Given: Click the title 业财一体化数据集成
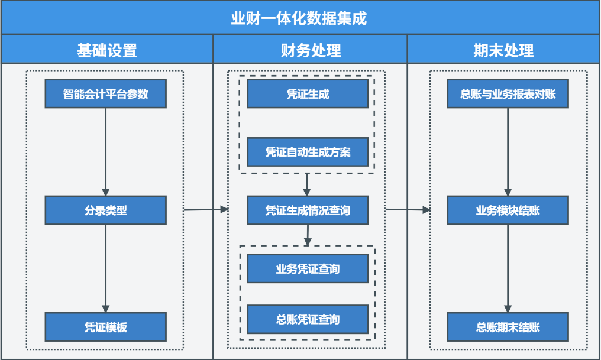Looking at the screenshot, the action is click(299, 18).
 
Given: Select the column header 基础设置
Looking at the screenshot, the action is click(107, 50).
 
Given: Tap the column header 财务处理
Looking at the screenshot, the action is click(311, 50).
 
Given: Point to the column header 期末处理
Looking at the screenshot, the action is click(503, 50).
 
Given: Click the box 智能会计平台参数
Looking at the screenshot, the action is click(106, 94).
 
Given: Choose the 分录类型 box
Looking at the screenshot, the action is click(106, 210).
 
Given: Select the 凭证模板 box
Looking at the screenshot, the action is click(106, 327).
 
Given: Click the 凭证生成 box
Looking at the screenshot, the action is click(308, 94).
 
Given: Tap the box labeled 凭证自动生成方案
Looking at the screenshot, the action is click(308, 152).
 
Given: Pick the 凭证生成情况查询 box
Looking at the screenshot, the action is click(308, 210).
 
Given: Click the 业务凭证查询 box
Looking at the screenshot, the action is click(308, 268).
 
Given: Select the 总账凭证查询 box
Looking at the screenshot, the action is click(308, 319).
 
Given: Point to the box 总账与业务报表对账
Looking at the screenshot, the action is click(508, 94).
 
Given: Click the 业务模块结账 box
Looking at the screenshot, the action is click(508, 210).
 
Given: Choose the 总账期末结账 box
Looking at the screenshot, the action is click(508, 327).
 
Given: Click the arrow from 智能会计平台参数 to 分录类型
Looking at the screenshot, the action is click(106, 152).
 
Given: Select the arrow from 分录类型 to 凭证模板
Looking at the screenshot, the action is click(106, 268).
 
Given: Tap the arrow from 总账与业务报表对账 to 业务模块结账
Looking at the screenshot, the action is click(508, 152).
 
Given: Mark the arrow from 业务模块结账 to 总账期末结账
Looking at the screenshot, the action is click(508, 268).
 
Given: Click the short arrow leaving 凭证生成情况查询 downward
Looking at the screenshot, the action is click(308, 235).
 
